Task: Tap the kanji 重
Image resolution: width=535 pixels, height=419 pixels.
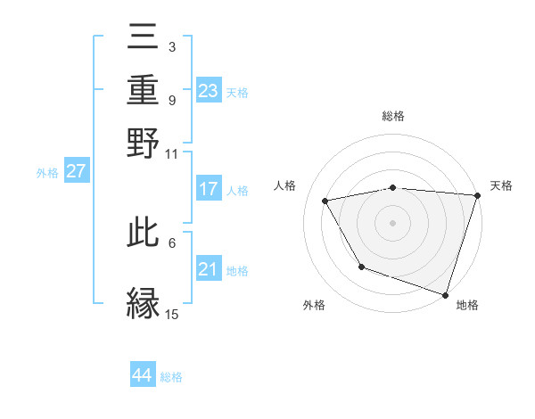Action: coord(144,90)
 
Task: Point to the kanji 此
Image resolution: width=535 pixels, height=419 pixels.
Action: coord(144,238)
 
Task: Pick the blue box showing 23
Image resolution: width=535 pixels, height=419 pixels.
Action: coord(208,91)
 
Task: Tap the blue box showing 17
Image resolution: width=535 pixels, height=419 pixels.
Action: coord(208,189)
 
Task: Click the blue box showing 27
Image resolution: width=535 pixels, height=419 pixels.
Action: coord(76,171)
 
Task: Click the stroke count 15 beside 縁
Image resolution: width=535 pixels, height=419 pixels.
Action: coord(172,314)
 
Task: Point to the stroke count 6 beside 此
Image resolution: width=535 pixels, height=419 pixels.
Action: coord(172,242)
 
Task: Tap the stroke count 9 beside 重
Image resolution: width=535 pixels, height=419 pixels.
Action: coord(171,100)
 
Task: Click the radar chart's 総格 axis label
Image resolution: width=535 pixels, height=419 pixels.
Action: coord(393,117)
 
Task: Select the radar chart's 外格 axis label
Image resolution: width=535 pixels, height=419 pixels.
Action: coord(314,306)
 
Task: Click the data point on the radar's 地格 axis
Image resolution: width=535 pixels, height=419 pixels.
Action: coord(445,294)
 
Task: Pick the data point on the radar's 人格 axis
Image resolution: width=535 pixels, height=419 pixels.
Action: coord(325,201)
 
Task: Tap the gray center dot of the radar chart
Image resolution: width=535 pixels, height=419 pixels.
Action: coord(392,223)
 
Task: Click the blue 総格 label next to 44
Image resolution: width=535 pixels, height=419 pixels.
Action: coord(171,377)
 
